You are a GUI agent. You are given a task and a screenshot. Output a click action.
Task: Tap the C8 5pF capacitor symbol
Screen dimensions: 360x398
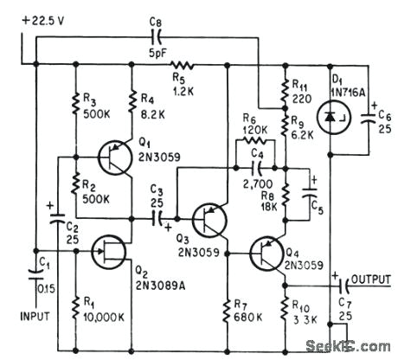click(x=157, y=36)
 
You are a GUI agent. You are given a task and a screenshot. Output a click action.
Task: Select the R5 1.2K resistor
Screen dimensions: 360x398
click(x=183, y=64)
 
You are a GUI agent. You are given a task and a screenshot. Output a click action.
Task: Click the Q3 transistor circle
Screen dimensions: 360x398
click(x=209, y=221)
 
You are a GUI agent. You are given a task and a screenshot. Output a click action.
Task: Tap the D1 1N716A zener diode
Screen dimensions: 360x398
click(x=330, y=116)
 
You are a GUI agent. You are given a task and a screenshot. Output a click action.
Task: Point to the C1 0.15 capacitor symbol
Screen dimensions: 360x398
click(x=35, y=278)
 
